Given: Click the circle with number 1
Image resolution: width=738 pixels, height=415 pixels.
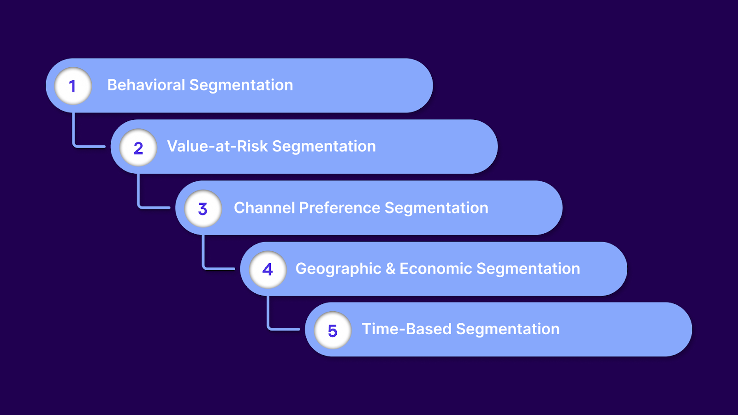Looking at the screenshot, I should pos(73,86).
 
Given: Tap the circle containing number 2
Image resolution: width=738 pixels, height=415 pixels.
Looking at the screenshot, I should pos(138,148).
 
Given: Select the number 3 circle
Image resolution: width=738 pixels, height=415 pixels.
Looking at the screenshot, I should pos(203,208).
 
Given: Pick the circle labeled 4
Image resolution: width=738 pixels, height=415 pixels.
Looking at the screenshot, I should pos(268,269).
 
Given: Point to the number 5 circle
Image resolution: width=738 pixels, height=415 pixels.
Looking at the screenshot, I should pos(333,330).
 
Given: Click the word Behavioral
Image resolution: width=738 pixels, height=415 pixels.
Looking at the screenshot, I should pos(146,85).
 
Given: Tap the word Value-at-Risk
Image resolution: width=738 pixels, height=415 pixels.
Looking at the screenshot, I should pos(217,146).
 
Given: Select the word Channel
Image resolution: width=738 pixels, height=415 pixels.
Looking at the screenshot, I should pos(264,207).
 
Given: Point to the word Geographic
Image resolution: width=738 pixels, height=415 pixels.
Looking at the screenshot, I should pos(338,269).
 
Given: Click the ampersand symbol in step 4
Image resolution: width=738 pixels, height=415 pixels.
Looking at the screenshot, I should pos(390,269).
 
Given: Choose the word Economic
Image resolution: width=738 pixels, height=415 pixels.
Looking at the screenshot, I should pos(435,269).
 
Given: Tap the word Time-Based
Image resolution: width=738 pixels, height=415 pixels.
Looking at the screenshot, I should pos(406,329).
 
